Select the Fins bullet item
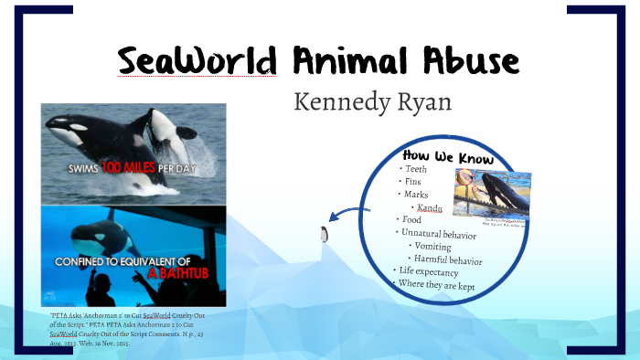tap(414, 182)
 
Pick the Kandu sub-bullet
tap(429, 207)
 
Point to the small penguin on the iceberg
tap(324, 234)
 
